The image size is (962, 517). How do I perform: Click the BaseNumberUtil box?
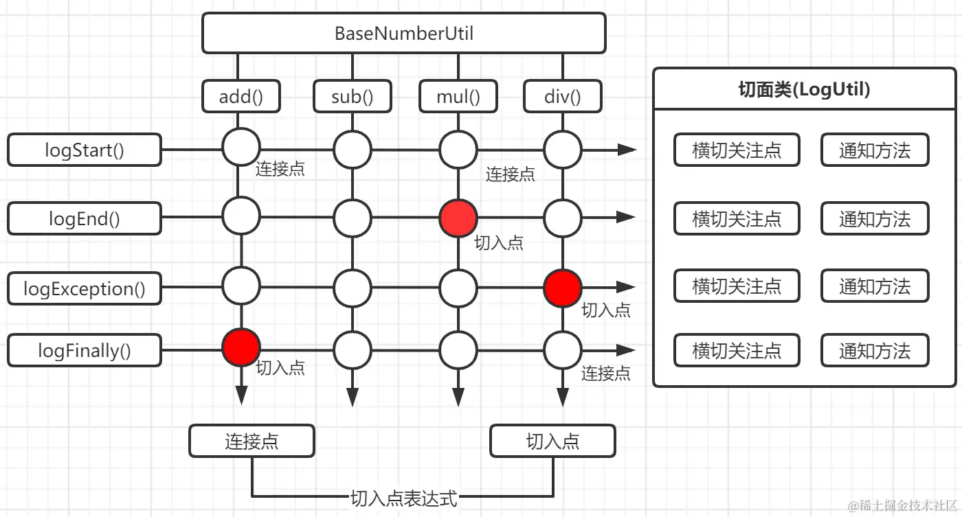pyautogui.click(x=403, y=33)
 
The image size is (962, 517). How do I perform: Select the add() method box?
pyautogui.click(x=240, y=96)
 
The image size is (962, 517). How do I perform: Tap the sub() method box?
pyautogui.click(x=352, y=96)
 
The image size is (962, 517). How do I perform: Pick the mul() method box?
pyautogui.click(x=458, y=96)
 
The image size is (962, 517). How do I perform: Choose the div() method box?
pyautogui.click(x=562, y=96)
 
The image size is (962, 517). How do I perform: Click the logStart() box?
pyautogui.click(x=85, y=150)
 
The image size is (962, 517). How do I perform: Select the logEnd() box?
pyautogui.click(x=85, y=218)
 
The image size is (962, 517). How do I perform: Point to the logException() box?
pyautogui.click(x=85, y=288)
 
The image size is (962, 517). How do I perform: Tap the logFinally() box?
pyautogui.click(x=85, y=351)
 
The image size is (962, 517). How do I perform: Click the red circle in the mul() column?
pyautogui.click(x=458, y=218)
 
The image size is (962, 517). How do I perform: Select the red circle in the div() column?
pyautogui.click(x=563, y=288)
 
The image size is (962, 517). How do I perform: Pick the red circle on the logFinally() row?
pyautogui.click(x=241, y=347)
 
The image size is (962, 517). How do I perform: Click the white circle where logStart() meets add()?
pyautogui.click(x=241, y=146)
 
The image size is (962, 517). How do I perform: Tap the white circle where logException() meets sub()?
pyautogui.click(x=353, y=288)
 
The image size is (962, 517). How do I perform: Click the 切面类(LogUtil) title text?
pyautogui.click(x=804, y=89)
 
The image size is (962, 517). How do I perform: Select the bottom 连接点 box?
pyautogui.click(x=251, y=441)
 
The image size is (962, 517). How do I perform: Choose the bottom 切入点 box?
pyautogui.click(x=552, y=441)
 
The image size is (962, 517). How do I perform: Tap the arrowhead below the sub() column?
pyautogui.click(x=353, y=397)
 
